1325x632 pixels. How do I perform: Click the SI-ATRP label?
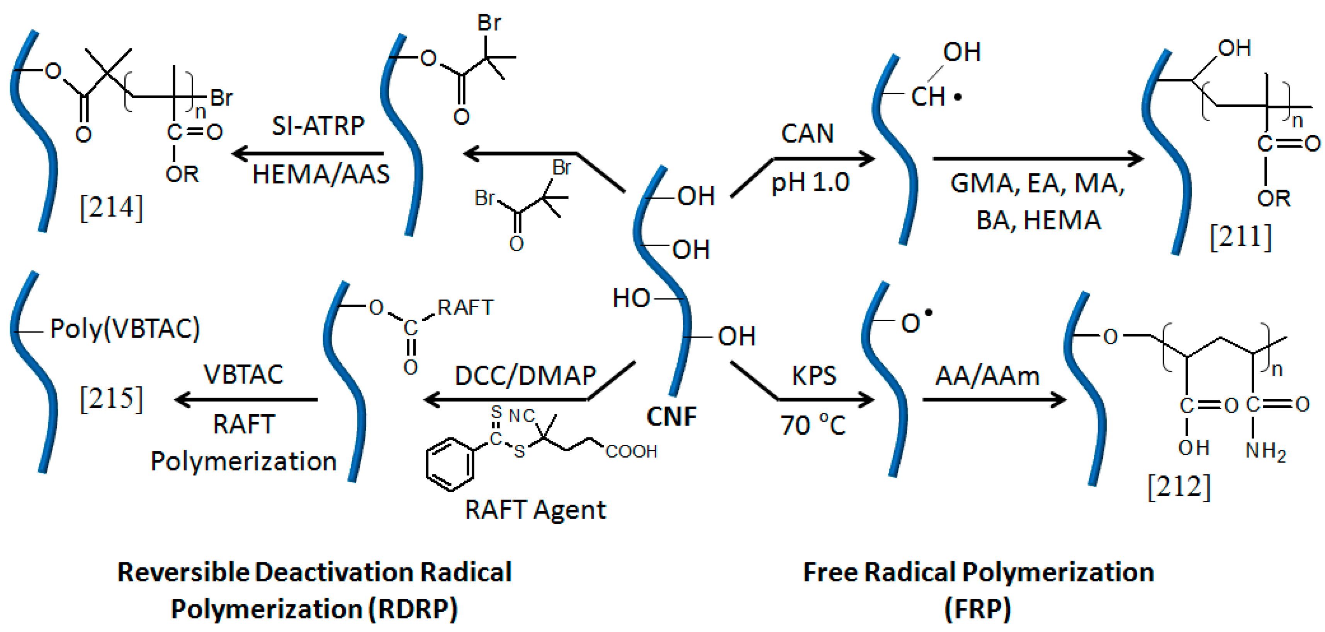(318, 126)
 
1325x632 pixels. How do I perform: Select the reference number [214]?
(111, 208)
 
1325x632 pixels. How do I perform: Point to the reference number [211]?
(1240, 237)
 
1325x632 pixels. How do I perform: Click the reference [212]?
(1179, 486)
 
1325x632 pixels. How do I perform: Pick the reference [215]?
(111, 398)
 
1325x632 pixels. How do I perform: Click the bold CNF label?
(671, 417)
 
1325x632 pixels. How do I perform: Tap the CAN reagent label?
(807, 134)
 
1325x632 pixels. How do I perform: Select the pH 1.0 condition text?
(810, 183)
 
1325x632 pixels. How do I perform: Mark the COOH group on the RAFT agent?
(631, 451)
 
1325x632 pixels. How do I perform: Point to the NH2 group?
(1266, 451)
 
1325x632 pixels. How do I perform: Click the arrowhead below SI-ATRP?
(241, 153)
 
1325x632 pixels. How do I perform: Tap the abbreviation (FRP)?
(977, 609)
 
